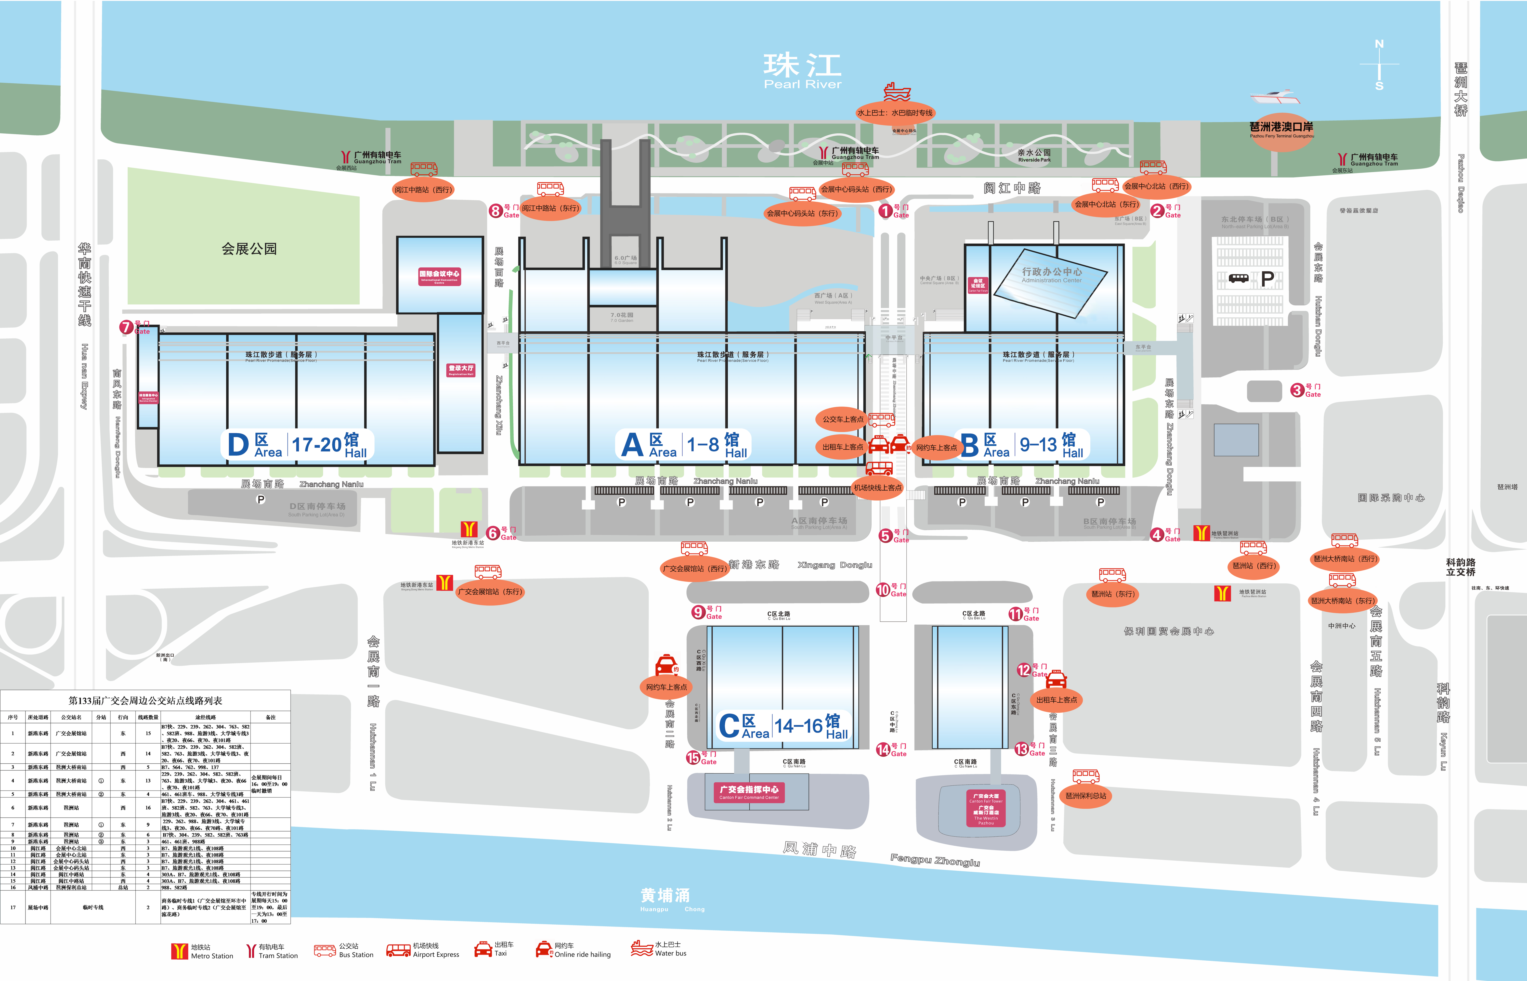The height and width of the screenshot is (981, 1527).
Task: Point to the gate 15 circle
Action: pos(693,757)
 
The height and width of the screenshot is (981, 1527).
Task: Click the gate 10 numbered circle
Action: pos(883,590)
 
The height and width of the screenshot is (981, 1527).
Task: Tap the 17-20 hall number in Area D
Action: pos(317,445)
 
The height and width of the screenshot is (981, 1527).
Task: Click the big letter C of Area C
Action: pos(729,726)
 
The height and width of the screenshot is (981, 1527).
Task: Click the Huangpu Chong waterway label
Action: pos(666,898)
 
